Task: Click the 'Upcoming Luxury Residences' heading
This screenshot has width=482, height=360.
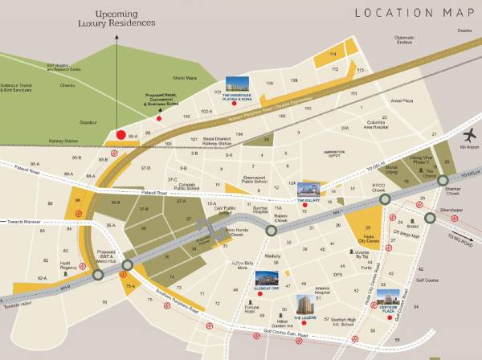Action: (x=116, y=18)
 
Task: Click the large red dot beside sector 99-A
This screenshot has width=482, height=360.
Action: (x=121, y=135)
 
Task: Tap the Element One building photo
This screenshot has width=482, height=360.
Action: (x=266, y=277)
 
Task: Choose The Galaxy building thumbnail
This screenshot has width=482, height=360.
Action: (x=308, y=189)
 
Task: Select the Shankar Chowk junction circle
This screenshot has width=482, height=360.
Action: (x=443, y=181)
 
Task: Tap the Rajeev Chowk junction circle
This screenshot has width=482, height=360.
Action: (x=272, y=230)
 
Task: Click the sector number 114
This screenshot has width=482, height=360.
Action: (x=333, y=54)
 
